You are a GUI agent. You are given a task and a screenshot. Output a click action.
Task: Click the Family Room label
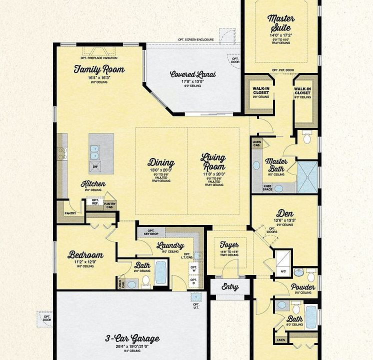[x=99, y=69]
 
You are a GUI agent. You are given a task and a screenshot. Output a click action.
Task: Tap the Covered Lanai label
[x=193, y=74]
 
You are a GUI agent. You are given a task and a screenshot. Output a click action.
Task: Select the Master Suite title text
[x=281, y=22]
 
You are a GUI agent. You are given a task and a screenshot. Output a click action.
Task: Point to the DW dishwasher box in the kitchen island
[x=95, y=166]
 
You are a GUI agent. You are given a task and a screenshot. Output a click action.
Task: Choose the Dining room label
[x=161, y=162]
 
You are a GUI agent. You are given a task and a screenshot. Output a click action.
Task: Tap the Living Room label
[x=213, y=162]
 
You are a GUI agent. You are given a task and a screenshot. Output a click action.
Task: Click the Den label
[x=285, y=212]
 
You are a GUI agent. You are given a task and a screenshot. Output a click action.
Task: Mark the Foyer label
[x=229, y=245]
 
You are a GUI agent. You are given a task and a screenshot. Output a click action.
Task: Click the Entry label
[x=229, y=287]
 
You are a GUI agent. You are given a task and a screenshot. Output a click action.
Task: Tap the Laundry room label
[x=170, y=245]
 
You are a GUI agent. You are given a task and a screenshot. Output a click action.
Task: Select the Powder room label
[x=303, y=287]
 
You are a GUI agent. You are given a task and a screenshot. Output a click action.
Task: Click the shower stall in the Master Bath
[x=307, y=176]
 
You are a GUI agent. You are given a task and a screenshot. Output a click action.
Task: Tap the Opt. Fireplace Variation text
[x=100, y=58]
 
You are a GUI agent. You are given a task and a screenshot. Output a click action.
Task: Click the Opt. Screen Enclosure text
[x=195, y=39]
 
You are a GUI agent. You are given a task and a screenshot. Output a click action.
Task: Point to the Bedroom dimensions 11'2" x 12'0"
[x=85, y=261]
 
